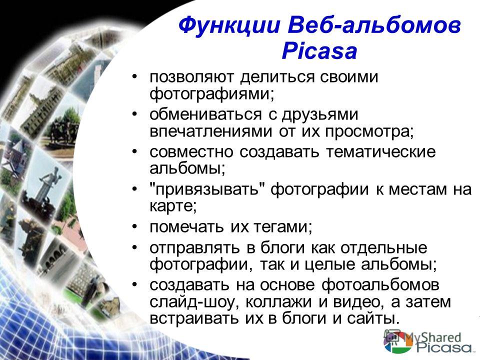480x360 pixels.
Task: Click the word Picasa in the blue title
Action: [x=319, y=50]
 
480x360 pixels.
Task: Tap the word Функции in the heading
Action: [x=229, y=25]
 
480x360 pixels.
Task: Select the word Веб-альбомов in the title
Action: [x=374, y=25]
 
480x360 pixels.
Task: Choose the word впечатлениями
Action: [x=210, y=131]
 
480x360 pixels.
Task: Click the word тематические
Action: [x=380, y=152]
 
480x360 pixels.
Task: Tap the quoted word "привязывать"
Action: [x=207, y=189]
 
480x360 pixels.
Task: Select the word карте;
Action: [x=173, y=206]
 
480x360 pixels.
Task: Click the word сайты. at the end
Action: [x=373, y=318]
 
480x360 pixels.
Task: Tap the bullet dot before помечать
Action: [x=134, y=227]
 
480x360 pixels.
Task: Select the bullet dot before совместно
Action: [x=134, y=151]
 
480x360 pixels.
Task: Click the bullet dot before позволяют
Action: [x=134, y=76]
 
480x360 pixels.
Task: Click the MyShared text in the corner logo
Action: [x=432, y=338]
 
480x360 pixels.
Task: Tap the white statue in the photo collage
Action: [x=48, y=183]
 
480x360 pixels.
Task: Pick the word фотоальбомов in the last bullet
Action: [x=380, y=285]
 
